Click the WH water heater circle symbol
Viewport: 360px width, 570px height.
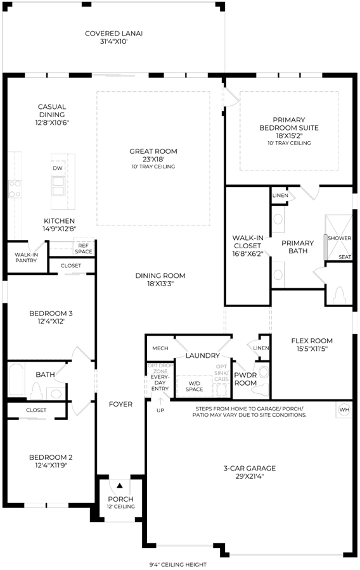pyautogui.click(x=344, y=410)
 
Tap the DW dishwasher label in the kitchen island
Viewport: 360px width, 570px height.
pyautogui.click(x=58, y=168)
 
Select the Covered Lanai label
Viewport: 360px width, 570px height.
pyautogui.click(x=114, y=34)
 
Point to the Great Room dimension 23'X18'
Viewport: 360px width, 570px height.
pyautogui.click(x=153, y=159)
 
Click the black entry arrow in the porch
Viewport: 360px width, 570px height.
pyautogui.click(x=120, y=485)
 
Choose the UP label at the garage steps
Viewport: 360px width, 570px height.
pyautogui.click(x=160, y=410)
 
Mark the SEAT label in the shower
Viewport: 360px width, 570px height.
pyautogui.click(x=345, y=257)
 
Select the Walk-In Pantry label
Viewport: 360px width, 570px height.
pyautogui.click(x=26, y=257)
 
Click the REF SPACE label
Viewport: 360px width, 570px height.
pyautogui.click(x=84, y=249)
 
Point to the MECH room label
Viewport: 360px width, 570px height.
pyautogui.click(x=160, y=348)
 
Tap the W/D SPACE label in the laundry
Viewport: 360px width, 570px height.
pyautogui.click(x=195, y=386)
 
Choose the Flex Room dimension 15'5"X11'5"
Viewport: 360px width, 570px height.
pyautogui.click(x=312, y=349)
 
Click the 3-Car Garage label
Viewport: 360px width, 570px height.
pyautogui.click(x=250, y=468)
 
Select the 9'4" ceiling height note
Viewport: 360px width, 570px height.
pyautogui.click(x=178, y=564)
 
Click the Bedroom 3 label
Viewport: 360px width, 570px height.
pyautogui.click(x=51, y=313)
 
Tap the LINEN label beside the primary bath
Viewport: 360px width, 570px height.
pyautogui.click(x=280, y=195)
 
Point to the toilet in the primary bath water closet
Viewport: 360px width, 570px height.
pyautogui.click(x=339, y=294)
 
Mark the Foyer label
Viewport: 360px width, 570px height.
pyautogui.click(x=120, y=404)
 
